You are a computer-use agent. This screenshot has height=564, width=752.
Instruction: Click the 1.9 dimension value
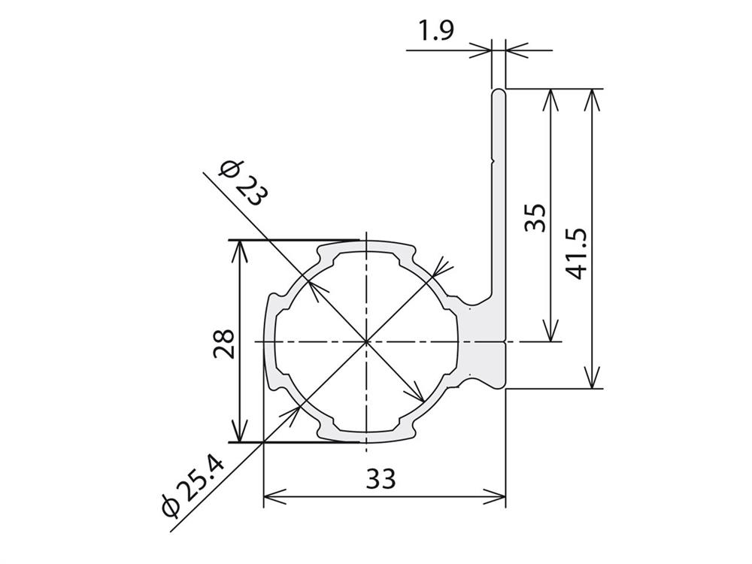click(x=435, y=32)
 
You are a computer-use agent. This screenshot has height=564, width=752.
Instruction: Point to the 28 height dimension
click(x=224, y=344)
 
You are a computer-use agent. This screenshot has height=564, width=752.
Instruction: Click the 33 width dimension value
click(x=381, y=478)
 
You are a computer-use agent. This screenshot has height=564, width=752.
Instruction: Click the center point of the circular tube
click(x=366, y=341)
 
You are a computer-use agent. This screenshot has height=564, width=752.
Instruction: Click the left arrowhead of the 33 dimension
click(x=274, y=497)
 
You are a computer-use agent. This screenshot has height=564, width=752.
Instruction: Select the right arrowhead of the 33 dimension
click(x=495, y=497)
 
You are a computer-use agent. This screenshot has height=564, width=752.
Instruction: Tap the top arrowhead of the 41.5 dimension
click(x=593, y=100)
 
